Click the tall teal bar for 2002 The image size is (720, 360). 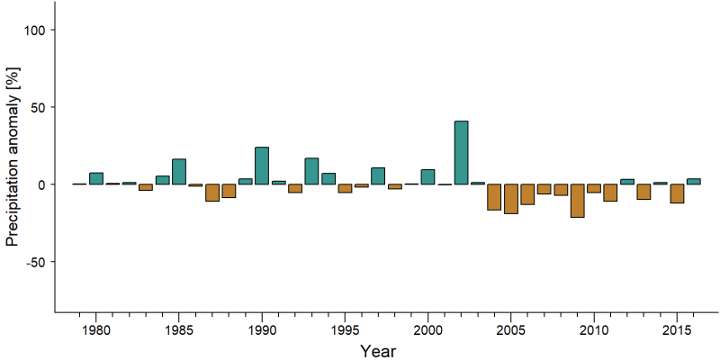(x=461, y=152)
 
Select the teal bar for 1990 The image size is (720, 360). (x=262, y=166)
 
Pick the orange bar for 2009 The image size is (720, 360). (x=577, y=201)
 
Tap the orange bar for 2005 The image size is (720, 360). (x=511, y=199)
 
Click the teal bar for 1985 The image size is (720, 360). (x=178, y=172)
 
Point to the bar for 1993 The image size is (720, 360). (x=311, y=171)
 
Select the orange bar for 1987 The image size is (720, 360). (x=212, y=193)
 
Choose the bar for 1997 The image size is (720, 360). (x=378, y=175)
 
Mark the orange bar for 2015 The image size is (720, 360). (x=677, y=193)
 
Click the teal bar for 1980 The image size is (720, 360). (x=96, y=178)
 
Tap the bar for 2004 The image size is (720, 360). (x=494, y=197)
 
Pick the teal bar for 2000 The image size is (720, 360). (x=427, y=176)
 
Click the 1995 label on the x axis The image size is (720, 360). (x=345, y=331)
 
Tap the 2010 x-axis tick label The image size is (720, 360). (x=594, y=331)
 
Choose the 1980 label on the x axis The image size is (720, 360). (x=96, y=331)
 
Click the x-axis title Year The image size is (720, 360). (x=377, y=351)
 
